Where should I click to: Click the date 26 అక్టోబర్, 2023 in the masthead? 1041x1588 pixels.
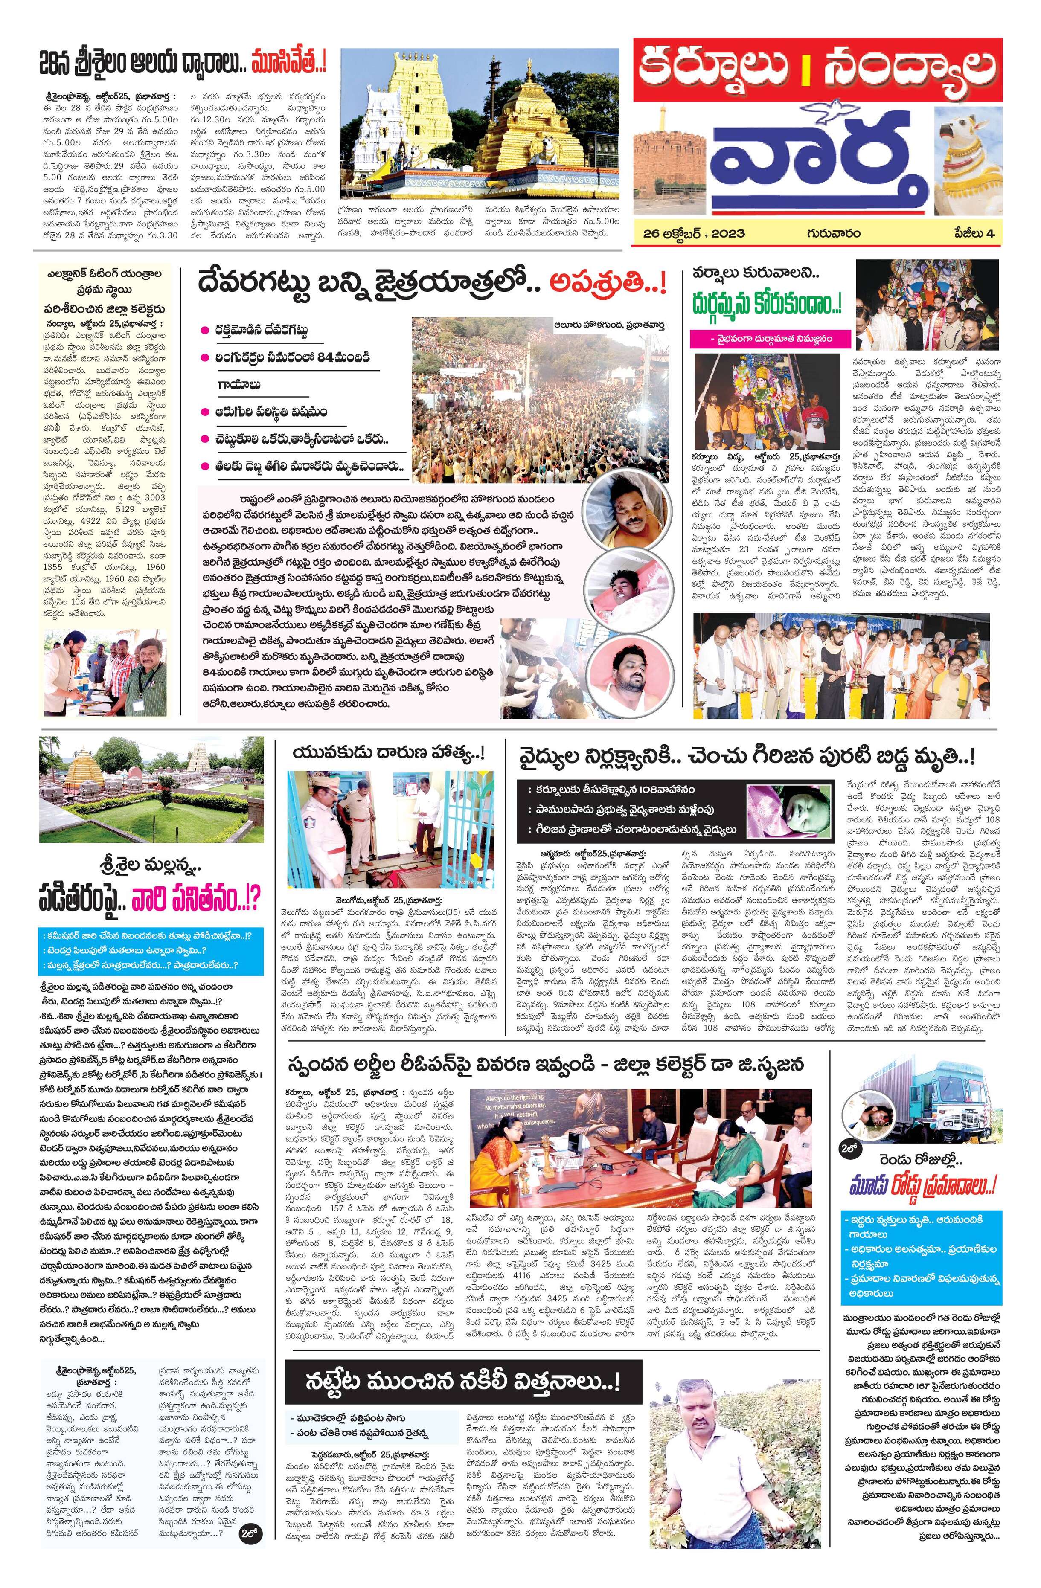point(694,234)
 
